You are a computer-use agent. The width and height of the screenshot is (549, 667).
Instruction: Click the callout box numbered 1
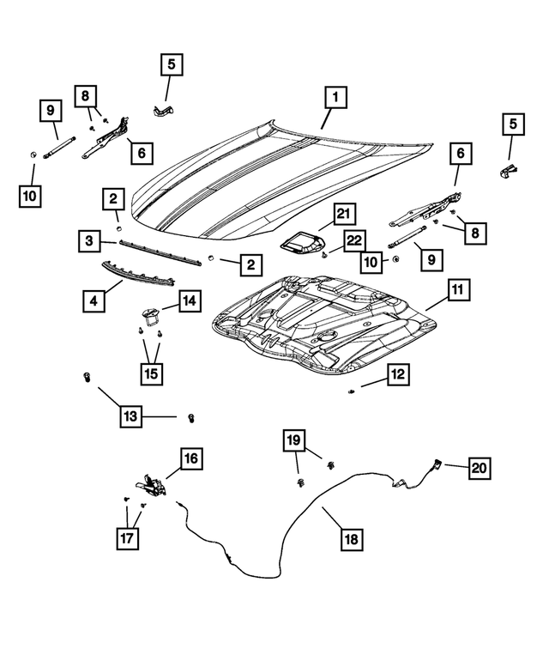335,97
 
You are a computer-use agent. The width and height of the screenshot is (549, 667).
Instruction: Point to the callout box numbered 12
399,374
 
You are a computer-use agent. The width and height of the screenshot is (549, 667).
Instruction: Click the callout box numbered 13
130,417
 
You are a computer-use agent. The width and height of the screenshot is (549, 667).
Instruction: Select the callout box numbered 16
190,458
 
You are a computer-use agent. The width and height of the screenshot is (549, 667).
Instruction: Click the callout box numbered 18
352,538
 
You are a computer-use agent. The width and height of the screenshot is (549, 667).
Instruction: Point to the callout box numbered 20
480,468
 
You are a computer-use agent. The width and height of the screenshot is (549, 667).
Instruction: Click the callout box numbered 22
353,242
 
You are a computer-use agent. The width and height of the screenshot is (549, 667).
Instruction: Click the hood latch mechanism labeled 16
152,485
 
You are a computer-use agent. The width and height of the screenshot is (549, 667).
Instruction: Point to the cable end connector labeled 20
437,464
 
